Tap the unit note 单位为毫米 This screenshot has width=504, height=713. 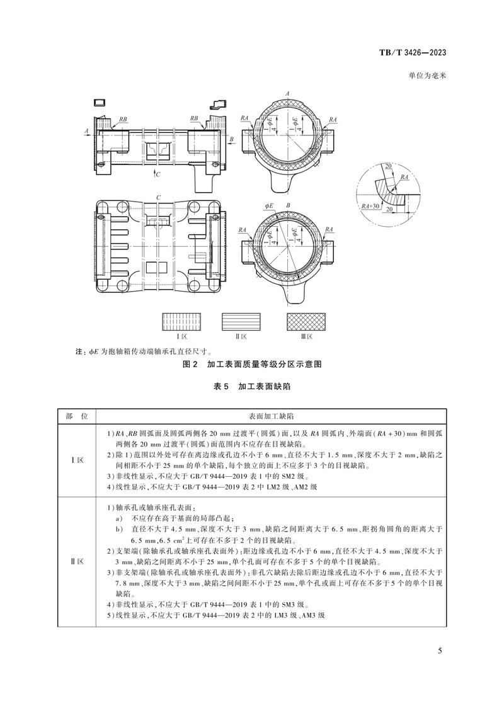pos(427,75)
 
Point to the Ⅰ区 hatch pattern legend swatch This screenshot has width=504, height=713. pos(181,322)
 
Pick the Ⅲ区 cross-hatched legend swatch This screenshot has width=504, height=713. pos(307,322)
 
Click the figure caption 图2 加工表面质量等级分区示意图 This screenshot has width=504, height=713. pos(252,365)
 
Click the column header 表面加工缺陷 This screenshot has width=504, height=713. pos(271,417)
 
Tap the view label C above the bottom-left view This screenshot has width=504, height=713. pos(159,198)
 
